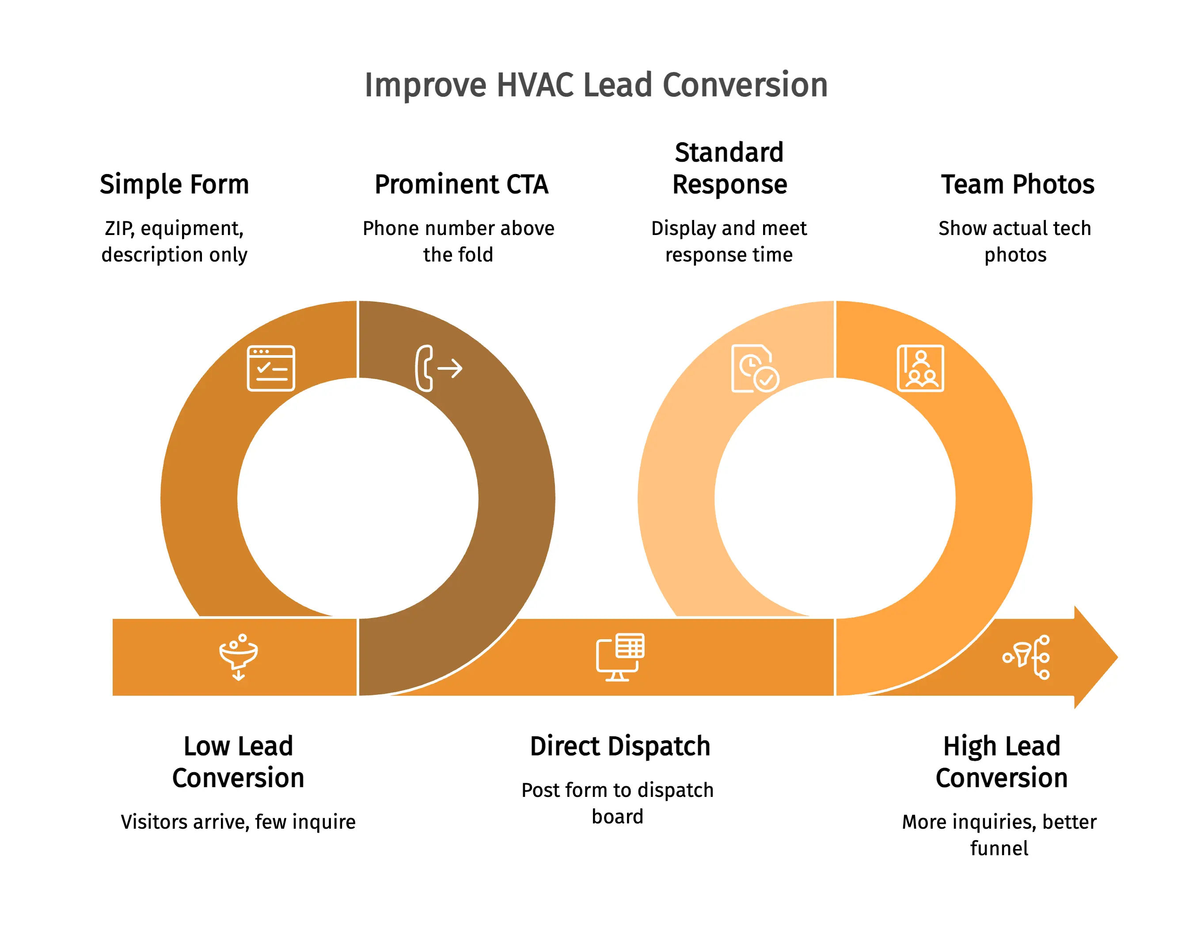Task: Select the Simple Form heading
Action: tap(174, 184)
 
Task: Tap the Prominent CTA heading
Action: tap(462, 184)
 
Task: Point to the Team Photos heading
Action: tap(1018, 184)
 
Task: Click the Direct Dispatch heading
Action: tap(620, 747)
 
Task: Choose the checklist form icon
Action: tap(271, 368)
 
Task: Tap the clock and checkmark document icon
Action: tap(755, 368)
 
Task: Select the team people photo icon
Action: tap(920, 368)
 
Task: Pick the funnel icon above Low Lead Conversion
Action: tap(239, 657)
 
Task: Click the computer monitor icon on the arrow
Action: tap(620, 657)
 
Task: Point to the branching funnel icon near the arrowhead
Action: tap(1026, 657)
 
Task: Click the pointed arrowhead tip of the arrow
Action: tap(1117, 657)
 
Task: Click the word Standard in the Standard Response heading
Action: tap(729, 152)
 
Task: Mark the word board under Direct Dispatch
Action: tap(618, 817)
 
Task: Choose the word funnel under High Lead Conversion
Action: tap(999, 848)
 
